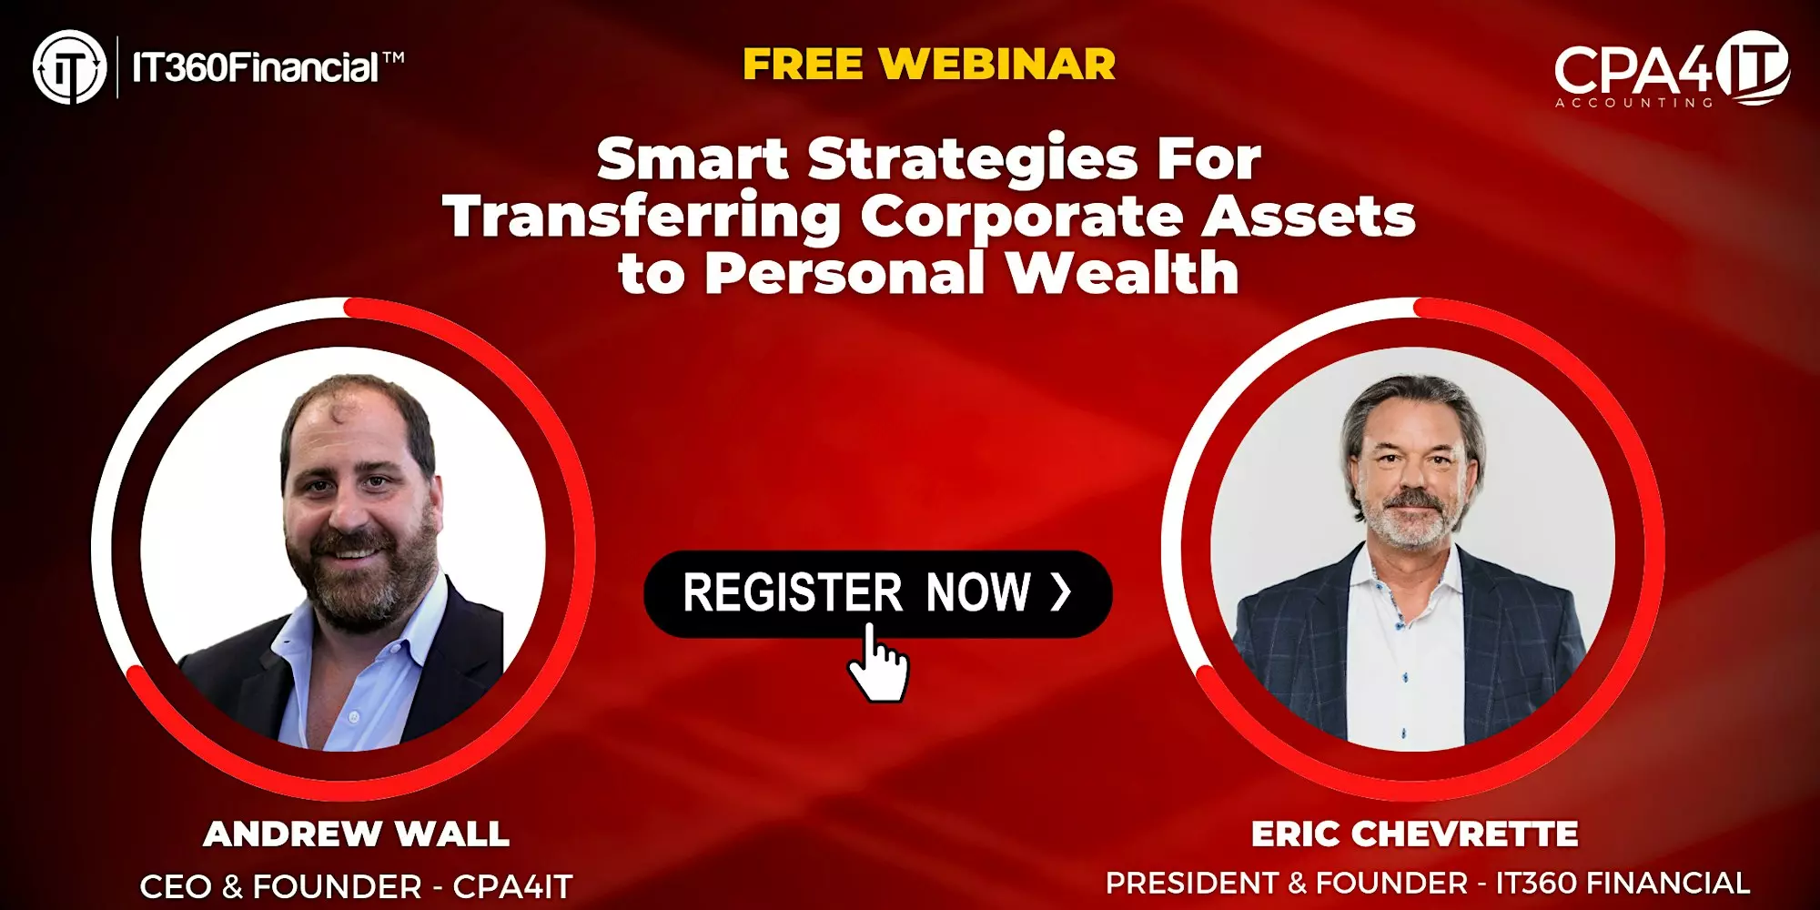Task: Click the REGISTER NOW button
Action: coord(877,593)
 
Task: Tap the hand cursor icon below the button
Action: coord(877,663)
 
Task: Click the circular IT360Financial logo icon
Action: coord(70,67)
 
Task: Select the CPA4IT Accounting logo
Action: coord(1672,69)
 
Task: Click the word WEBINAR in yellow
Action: coord(997,65)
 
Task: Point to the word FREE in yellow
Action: coord(803,65)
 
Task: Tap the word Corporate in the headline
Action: coord(1022,218)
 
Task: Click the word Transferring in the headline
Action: coord(642,218)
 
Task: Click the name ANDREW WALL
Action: coord(356,834)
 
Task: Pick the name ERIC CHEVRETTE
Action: coord(1414,834)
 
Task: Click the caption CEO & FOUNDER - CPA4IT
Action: coord(356,886)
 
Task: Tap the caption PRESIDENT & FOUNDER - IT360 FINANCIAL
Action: coord(1428,883)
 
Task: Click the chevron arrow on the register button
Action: coord(1061,592)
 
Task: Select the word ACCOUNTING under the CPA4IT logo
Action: coord(1633,103)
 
